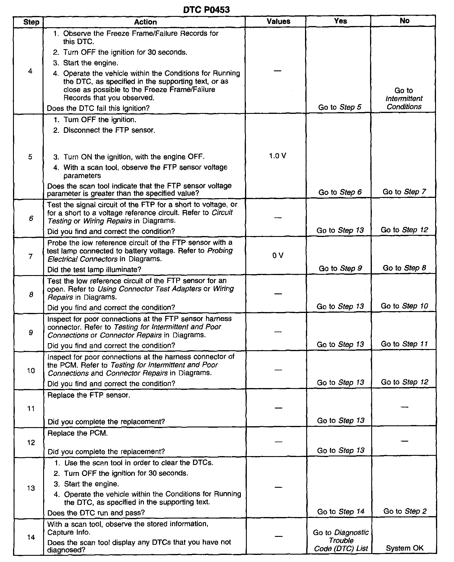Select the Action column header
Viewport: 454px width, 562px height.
click(x=145, y=22)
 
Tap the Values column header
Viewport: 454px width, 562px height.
click(x=278, y=21)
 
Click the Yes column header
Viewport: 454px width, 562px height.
click(x=340, y=21)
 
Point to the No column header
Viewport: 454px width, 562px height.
click(x=404, y=21)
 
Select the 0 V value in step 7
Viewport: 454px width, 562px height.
click(x=278, y=256)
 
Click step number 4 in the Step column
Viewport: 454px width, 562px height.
click(x=30, y=71)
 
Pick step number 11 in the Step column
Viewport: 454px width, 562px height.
click(x=31, y=408)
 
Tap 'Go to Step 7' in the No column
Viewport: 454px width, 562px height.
click(x=404, y=192)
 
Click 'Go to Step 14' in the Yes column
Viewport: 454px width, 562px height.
click(x=340, y=511)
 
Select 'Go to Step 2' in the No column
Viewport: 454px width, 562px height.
click(x=405, y=511)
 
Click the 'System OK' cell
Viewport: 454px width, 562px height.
click(x=404, y=548)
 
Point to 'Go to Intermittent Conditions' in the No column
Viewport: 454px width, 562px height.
click(x=404, y=98)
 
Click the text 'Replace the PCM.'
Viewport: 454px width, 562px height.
click(x=77, y=433)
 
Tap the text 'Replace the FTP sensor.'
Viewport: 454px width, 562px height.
click(x=89, y=395)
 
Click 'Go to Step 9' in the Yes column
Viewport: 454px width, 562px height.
click(x=340, y=268)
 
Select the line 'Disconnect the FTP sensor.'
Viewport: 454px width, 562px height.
click(x=109, y=130)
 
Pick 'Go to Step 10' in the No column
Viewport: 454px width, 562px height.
click(x=404, y=306)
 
